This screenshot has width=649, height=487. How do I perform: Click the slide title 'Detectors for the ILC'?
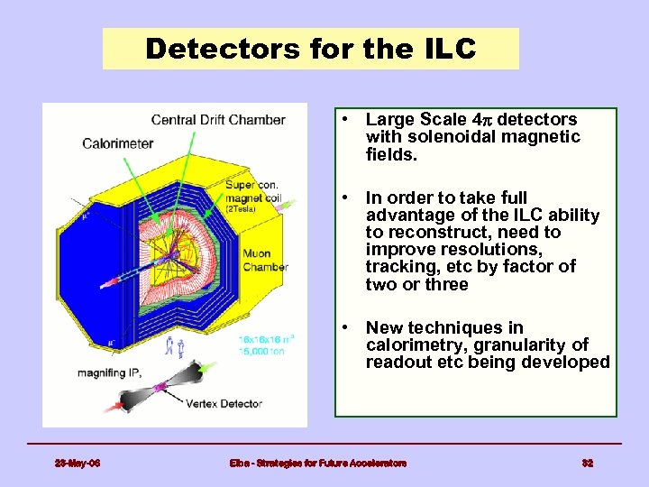click(x=310, y=49)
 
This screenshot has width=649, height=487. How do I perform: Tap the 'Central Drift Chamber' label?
click(x=218, y=120)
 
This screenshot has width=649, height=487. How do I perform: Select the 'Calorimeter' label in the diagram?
click(x=117, y=142)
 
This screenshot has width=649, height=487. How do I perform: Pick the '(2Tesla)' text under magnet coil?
click(x=240, y=208)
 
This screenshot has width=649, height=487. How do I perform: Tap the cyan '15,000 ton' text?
click(x=261, y=351)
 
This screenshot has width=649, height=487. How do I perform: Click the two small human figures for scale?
click(x=175, y=345)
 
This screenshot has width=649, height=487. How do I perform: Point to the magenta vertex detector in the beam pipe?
click(x=160, y=387)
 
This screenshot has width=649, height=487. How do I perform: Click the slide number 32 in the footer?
click(x=588, y=463)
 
